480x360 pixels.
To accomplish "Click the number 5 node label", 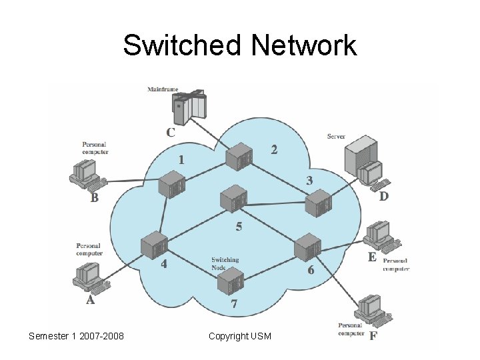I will point(239,227).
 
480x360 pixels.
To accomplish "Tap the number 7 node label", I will point(234,304).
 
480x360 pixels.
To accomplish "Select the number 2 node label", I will point(274,149).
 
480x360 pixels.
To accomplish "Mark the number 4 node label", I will point(164,263).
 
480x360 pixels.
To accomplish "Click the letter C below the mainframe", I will point(171,132).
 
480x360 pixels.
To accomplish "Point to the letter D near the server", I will point(384,197).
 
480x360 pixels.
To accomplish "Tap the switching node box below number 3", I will point(317,202).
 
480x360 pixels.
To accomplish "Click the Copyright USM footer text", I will point(240,336).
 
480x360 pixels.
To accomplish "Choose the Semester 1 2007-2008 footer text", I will point(76,336).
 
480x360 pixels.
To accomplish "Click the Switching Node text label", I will point(225,263).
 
